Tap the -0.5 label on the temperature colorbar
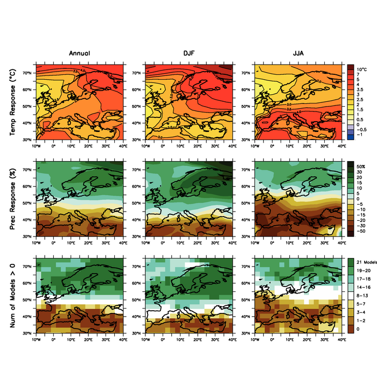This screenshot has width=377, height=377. click(x=361, y=129)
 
